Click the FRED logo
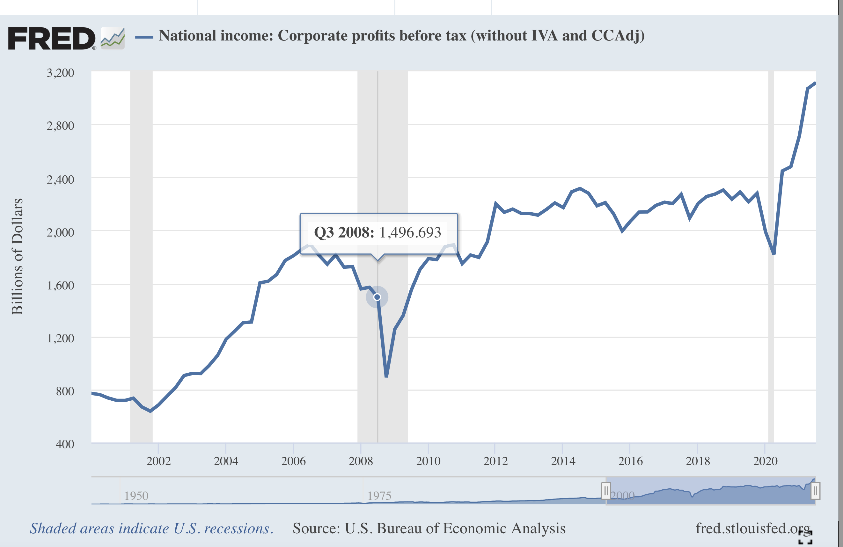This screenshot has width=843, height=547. point(52,38)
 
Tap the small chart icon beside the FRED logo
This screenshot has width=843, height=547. point(113,38)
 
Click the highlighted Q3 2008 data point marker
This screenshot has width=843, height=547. point(377,297)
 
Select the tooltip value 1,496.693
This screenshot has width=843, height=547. point(410,233)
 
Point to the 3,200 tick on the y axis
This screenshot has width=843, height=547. point(61,73)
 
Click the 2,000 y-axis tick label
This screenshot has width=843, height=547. point(61,232)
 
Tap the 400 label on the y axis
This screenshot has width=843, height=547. point(65,444)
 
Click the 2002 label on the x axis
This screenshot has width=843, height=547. point(159,461)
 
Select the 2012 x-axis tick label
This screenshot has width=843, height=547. point(495,461)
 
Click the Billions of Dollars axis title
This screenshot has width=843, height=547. point(17,257)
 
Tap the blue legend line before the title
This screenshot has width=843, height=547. point(144,37)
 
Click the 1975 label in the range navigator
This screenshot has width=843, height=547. point(379,496)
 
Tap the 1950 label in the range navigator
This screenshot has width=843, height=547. point(136,496)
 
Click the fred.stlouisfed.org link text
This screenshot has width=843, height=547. point(753,528)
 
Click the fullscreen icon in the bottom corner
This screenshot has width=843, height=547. point(805,537)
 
